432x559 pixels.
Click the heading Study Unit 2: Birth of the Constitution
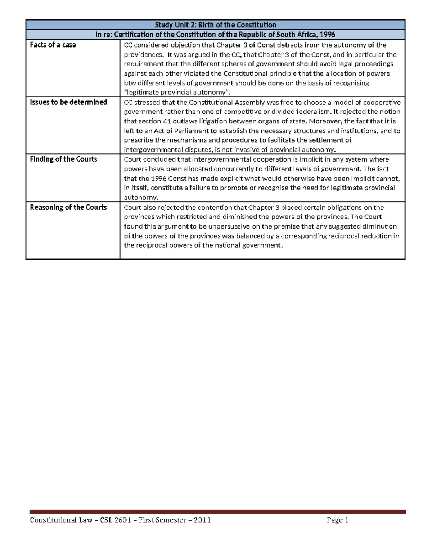215,25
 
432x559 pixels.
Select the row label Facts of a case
53,45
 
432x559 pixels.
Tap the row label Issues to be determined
68,102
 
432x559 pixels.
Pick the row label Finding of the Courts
63,159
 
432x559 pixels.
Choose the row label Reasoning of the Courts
68,207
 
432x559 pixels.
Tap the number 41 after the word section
163,121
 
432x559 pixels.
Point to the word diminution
379,226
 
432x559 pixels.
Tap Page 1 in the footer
337,520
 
